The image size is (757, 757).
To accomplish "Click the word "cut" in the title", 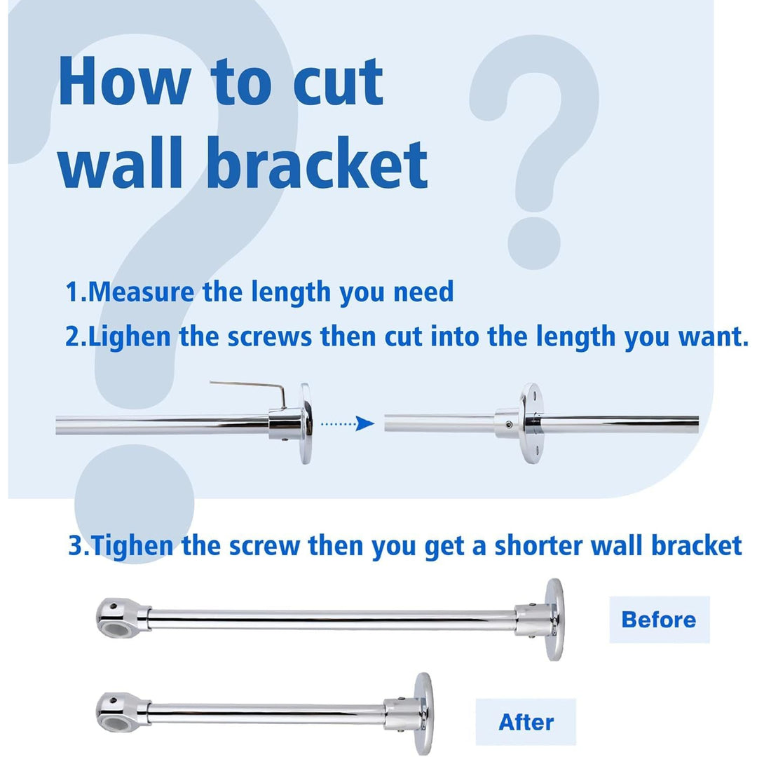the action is click(x=338, y=82).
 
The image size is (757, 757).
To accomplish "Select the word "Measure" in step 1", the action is click(x=141, y=292).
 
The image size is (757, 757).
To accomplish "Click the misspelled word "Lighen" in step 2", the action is click(x=130, y=337).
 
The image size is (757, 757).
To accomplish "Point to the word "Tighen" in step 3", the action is click(x=132, y=546).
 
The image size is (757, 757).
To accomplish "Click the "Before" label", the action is click(x=659, y=620).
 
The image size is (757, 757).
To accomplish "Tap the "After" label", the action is click(x=526, y=722).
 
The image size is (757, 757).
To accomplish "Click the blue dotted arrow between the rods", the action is click(x=348, y=424).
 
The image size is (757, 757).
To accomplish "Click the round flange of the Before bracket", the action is click(x=554, y=620).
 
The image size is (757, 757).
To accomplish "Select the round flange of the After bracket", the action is click(x=423, y=714).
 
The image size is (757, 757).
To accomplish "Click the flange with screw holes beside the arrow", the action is click(x=531, y=423).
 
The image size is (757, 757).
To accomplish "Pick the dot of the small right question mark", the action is click(x=534, y=243).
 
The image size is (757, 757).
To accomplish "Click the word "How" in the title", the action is click(x=125, y=81).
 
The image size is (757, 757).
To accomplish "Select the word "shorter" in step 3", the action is click(x=538, y=546).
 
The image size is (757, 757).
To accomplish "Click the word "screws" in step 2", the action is click(x=269, y=337).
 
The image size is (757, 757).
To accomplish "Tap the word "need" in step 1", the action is click(x=423, y=292).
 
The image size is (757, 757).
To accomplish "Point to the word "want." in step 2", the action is click(x=713, y=337).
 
